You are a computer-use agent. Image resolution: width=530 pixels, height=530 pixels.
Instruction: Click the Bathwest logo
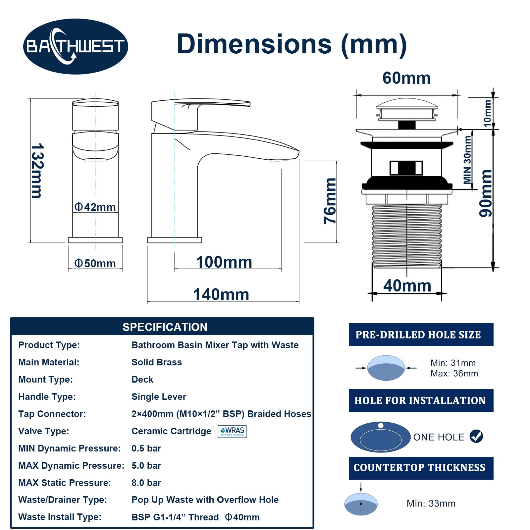[76, 46]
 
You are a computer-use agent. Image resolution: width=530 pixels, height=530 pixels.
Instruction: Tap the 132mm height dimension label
[37, 171]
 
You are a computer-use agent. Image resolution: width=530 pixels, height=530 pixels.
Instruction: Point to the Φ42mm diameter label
[95, 207]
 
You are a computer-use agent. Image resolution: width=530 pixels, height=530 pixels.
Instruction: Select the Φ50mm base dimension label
[95, 263]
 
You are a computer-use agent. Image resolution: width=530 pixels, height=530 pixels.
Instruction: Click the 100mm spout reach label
[224, 262]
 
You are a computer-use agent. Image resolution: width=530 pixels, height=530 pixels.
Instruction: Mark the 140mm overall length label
[221, 294]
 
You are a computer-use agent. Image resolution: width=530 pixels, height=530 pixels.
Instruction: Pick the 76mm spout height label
[330, 201]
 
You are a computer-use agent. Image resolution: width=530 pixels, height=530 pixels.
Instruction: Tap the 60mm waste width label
[406, 78]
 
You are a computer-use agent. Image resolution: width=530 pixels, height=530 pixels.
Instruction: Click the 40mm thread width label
[407, 286]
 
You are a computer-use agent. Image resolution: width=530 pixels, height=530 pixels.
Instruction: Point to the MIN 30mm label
[467, 160]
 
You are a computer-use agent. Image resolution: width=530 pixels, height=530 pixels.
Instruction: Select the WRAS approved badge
[232, 431]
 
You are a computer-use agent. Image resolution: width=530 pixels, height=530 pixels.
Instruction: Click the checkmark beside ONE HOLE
[476, 436]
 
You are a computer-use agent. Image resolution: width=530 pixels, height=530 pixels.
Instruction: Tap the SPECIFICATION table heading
[165, 327]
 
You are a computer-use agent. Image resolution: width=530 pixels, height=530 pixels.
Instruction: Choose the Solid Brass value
[157, 362]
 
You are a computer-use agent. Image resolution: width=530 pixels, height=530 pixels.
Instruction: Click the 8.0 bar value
[146, 483]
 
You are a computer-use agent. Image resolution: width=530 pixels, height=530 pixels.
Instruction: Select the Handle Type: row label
[47, 397]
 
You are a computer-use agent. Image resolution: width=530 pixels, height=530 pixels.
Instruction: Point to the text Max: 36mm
[454, 373]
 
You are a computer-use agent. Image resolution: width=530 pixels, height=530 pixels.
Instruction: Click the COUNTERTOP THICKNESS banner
[421, 468]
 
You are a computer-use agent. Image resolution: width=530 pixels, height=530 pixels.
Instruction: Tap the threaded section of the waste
[407, 236]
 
